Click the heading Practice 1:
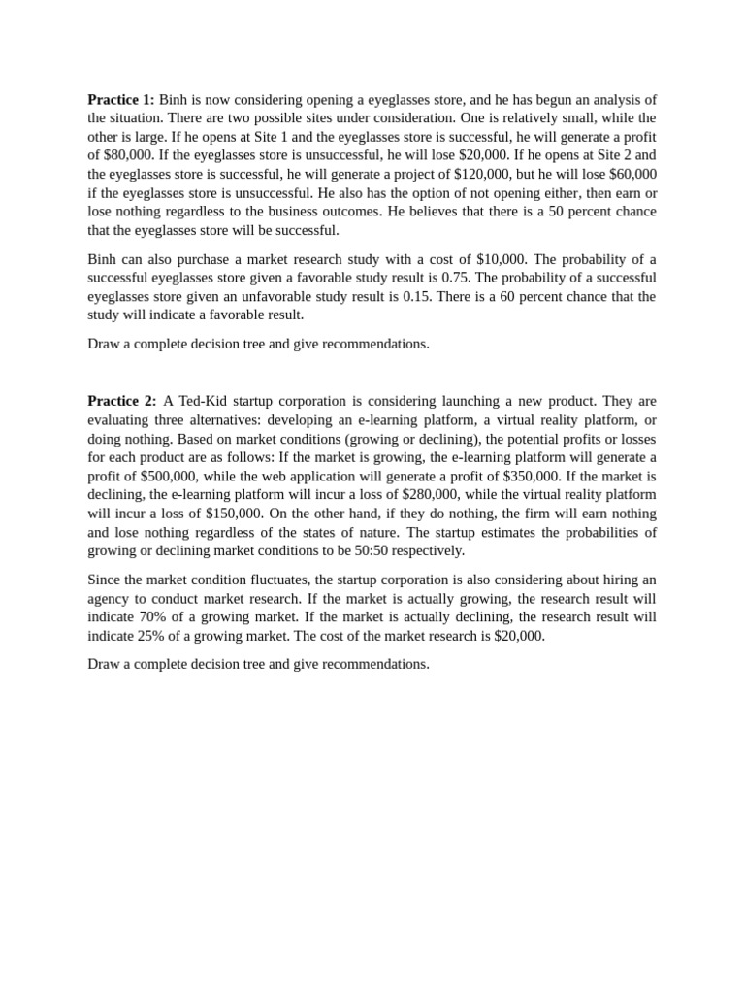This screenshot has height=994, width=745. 120,100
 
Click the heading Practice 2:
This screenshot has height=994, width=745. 120,401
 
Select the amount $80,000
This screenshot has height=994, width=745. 120,155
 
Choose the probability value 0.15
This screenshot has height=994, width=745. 398,296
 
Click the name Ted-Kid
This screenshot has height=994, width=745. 202,401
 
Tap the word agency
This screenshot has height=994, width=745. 111,598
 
